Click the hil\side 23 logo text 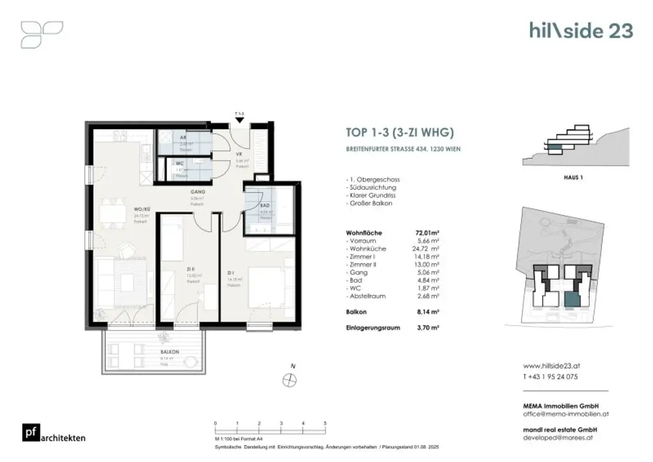coord(581,31)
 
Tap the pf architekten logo coord(54,433)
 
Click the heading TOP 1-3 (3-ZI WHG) coord(399,133)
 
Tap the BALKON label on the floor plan coord(152,352)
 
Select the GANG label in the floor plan coord(196,191)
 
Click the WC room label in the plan coord(180,164)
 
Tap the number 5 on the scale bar coord(325,423)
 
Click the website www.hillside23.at coord(552,367)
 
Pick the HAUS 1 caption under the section coord(573,177)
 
